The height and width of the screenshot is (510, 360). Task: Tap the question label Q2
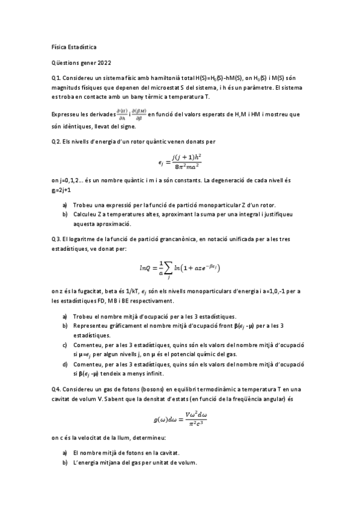click(x=56, y=141)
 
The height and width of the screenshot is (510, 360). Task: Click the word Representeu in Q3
click(x=89, y=325)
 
